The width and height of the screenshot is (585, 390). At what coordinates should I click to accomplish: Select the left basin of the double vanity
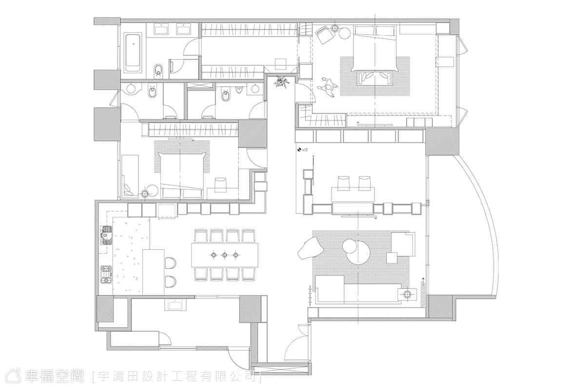(x=161, y=29)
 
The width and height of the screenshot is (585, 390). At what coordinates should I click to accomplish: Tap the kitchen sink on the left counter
(x=107, y=235)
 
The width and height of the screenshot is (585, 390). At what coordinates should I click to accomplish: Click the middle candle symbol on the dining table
(x=225, y=254)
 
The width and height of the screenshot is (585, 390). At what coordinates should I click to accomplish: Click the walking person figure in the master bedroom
(x=328, y=88)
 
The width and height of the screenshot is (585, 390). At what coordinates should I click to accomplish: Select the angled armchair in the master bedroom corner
(x=324, y=35)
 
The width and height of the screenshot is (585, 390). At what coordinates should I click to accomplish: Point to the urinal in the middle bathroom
(x=239, y=90)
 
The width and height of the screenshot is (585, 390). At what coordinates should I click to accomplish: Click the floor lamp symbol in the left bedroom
(x=145, y=194)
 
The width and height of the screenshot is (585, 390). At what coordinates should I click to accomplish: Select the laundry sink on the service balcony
(x=175, y=305)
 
